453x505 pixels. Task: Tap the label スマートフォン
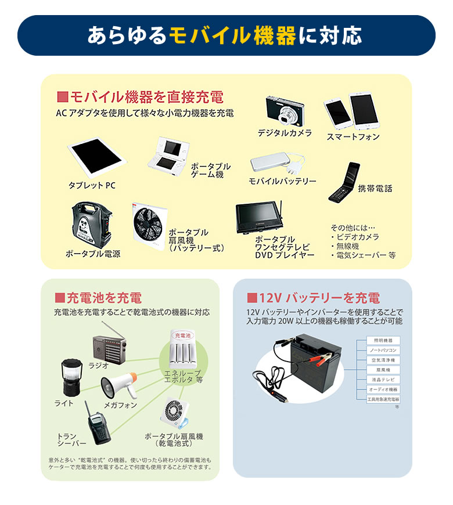[x=353, y=137]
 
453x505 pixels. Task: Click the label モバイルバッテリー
[x=282, y=182]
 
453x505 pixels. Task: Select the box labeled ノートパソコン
[x=384, y=351]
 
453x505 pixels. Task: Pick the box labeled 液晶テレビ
[x=384, y=380]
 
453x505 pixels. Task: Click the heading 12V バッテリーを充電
[x=313, y=298]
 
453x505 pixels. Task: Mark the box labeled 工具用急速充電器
[x=384, y=399]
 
